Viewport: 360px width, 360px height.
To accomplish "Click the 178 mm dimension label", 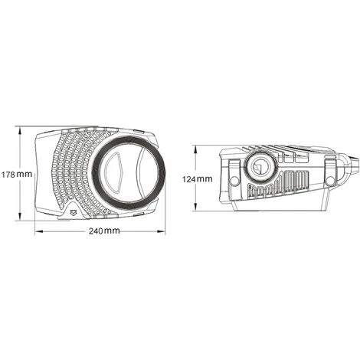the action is (x=17, y=175).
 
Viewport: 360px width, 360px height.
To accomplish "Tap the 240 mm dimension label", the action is (x=104, y=231).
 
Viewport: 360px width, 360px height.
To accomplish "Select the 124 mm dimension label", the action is (x=197, y=179).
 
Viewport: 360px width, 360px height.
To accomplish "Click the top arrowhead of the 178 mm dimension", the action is (x=19, y=131).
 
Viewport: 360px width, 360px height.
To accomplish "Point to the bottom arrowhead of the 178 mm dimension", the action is (x=19, y=216).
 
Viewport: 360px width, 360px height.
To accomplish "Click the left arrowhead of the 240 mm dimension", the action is (x=39, y=231).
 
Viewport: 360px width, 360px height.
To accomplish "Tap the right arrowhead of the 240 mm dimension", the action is (x=161, y=231).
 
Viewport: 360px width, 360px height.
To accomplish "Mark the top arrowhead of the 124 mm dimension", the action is (x=195, y=150).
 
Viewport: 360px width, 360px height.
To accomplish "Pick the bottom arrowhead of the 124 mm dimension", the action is (x=195, y=207).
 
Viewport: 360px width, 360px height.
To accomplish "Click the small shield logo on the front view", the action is (x=74, y=211).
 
